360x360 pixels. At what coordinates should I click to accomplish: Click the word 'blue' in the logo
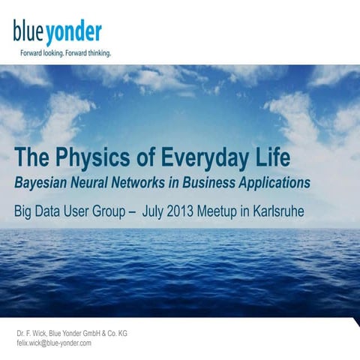coord(28,32)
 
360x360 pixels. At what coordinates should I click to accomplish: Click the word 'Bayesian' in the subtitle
coord(43,183)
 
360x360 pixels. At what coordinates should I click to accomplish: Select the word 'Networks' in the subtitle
coord(157,182)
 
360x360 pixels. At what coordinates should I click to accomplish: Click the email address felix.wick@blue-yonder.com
coord(54,342)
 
